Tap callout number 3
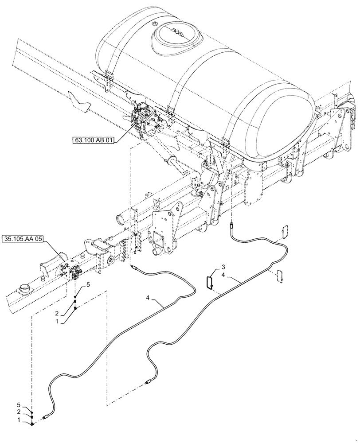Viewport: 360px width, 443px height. tap(224, 268)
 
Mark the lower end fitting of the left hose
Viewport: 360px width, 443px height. tap(46, 416)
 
